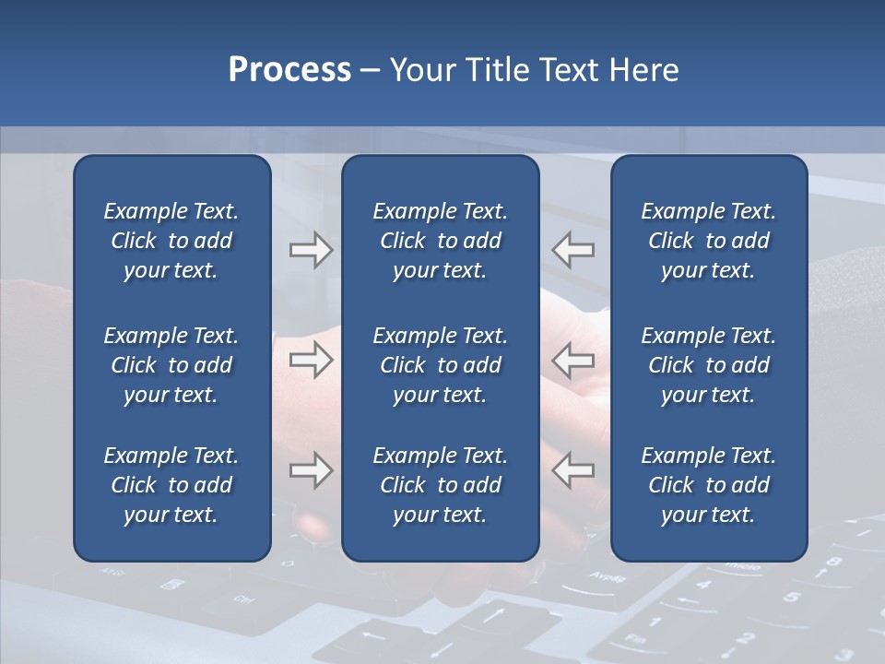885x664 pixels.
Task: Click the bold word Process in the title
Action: coord(289,70)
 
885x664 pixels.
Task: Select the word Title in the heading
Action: coord(500,70)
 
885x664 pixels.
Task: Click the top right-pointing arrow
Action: coord(312,250)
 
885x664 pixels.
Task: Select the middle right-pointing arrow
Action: coord(312,361)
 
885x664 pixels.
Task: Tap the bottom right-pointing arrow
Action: coord(312,471)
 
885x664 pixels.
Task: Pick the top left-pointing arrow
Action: coord(573,250)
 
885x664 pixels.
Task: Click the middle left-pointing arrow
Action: coord(573,361)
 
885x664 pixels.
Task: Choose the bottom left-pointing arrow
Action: coord(573,471)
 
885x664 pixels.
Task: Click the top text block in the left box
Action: coord(171,241)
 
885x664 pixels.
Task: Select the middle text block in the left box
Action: coord(171,365)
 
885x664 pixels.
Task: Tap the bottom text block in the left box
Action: coord(171,485)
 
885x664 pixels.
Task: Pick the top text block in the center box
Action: coord(441,241)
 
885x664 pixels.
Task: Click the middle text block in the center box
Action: coord(441,365)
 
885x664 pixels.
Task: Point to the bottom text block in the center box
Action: coord(441,485)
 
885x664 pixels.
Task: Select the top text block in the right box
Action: coord(709,241)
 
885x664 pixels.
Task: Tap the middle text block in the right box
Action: coord(709,365)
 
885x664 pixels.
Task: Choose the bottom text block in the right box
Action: coord(709,485)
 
